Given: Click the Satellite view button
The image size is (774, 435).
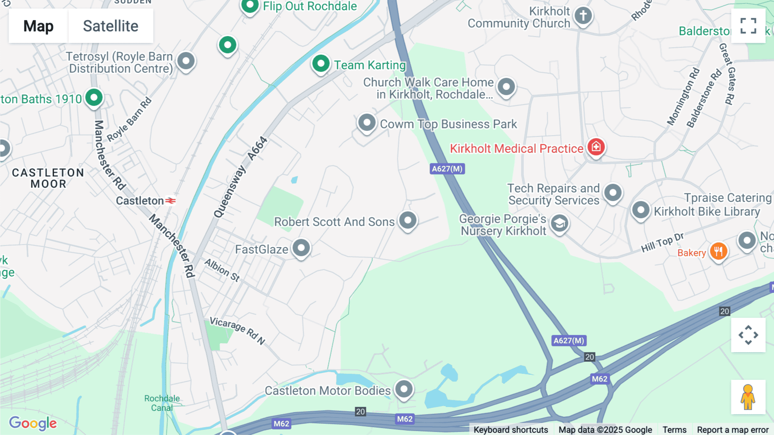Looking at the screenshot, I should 111,26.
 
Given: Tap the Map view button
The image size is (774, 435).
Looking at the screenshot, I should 38,26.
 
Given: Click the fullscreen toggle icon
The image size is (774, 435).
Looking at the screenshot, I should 748,26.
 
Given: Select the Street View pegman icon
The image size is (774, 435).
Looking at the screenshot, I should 748,397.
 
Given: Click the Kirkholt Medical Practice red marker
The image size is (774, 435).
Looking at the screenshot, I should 596,147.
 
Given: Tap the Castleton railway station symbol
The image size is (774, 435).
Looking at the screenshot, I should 171,201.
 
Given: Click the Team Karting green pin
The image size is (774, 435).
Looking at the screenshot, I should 321,64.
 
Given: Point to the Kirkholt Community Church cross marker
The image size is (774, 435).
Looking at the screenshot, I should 583,16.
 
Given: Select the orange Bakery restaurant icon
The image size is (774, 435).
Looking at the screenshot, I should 718,251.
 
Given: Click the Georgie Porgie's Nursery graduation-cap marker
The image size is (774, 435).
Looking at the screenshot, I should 559,224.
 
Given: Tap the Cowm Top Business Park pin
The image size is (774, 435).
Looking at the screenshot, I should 367,123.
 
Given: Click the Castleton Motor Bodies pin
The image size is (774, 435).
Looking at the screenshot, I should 404,389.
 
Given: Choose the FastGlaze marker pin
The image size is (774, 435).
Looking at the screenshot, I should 301,248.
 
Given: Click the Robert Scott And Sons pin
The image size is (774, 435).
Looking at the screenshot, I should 408,221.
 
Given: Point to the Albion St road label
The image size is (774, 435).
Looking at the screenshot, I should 222,270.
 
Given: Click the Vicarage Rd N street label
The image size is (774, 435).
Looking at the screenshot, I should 237,331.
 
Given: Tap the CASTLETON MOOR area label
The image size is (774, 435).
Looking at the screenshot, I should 48,178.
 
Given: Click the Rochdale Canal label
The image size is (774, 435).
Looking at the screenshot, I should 162,403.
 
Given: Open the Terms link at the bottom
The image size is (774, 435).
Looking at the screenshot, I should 674,429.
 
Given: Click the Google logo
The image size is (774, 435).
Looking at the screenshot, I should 33,423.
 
